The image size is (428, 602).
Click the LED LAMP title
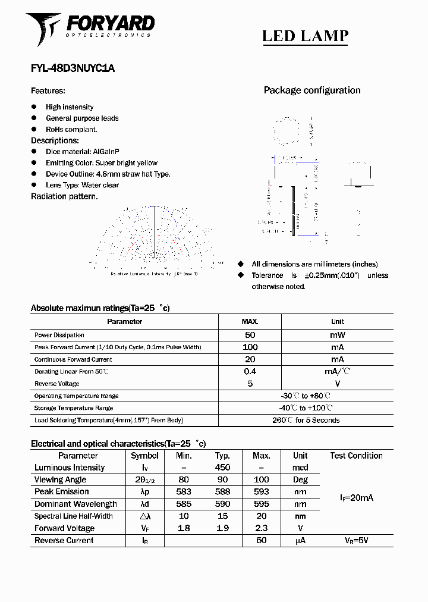[x=305, y=36]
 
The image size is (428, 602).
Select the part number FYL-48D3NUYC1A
[x=73, y=68]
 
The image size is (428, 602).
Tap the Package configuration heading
[x=312, y=90]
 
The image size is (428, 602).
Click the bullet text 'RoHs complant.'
[x=71, y=129]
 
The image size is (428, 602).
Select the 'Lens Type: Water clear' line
[x=82, y=185]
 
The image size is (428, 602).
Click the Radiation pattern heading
[x=64, y=196]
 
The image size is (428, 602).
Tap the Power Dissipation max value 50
[x=250, y=335]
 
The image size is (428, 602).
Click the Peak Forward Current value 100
[x=250, y=347]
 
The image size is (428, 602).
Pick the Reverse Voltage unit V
[x=338, y=384]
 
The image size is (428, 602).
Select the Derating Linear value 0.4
[x=250, y=371]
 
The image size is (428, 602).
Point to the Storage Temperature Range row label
[x=74, y=408]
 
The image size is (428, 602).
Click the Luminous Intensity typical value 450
[x=222, y=468]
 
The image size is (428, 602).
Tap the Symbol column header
[x=144, y=456]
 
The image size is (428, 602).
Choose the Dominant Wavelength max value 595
[x=261, y=504]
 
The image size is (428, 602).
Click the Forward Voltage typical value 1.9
[x=222, y=528]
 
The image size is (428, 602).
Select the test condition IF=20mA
[x=356, y=498]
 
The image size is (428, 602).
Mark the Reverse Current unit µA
[x=300, y=541]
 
